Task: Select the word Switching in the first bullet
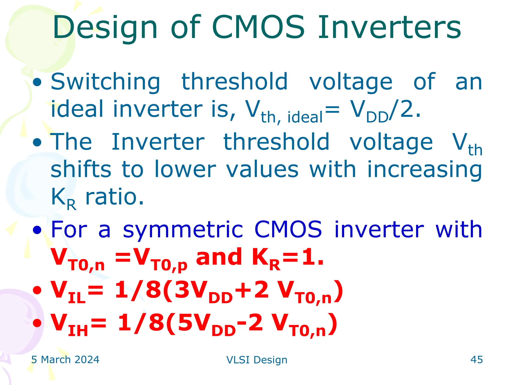click(105, 82)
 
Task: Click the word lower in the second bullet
click(185, 170)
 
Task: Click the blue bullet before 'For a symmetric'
click(37, 230)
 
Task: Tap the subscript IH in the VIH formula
click(78, 331)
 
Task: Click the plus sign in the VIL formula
click(243, 290)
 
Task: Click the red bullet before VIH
click(37, 323)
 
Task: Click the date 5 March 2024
click(65, 360)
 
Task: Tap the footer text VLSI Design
click(257, 360)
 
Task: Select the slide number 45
click(476, 360)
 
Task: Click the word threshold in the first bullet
click(234, 82)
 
